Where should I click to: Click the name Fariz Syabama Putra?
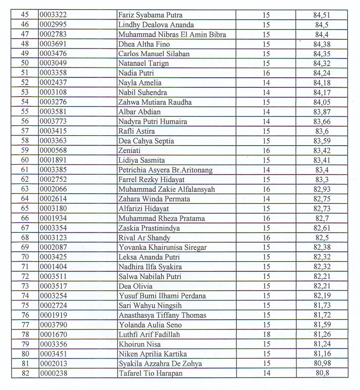coord(150,15)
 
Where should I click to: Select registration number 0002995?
coord(53,25)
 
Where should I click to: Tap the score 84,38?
coord(322,44)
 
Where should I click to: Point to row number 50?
coord(25,63)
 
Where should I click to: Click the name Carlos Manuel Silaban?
coord(154,54)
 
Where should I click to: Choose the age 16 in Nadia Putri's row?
coord(266,73)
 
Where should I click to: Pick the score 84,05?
coord(322,102)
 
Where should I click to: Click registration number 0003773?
coord(53,121)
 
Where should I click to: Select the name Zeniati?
coord(129,150)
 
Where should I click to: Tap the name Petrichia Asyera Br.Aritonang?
coord(165,170)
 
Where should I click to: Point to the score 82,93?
coord(322,189)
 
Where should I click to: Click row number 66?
coord(25,218)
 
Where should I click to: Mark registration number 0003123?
coord(53,238)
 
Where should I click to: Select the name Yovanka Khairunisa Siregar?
coord(163,247)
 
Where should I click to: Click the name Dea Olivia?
coord(135,286)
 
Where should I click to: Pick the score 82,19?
coord(322,296)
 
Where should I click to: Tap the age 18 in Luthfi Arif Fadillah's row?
coord(266,334)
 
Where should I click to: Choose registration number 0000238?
coord(53,373)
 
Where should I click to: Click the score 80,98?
coord(322,363)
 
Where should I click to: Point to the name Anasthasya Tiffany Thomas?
coord(162,315)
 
